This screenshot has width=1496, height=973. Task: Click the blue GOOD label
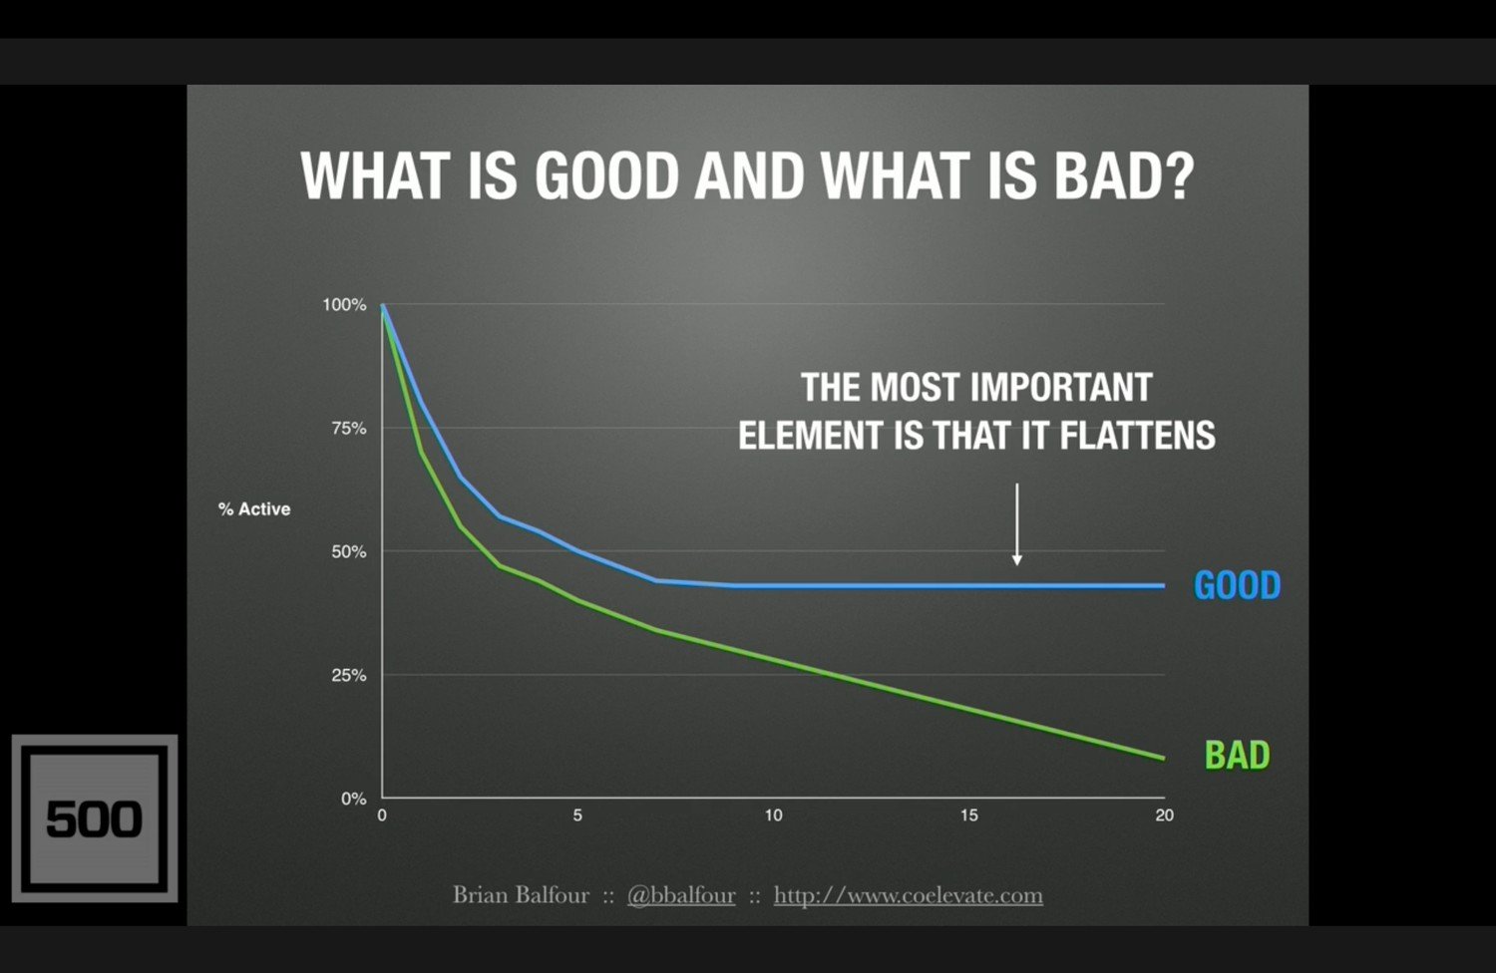point(1237,585)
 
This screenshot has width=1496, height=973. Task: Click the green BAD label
point(1237,756)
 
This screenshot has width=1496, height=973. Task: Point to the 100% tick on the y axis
point(344,305)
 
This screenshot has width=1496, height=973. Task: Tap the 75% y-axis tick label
point(348,429)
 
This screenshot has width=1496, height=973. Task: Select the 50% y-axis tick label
point(348,552)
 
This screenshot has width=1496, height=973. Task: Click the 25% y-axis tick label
point(348,676)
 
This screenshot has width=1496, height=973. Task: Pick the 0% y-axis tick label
point(353,799)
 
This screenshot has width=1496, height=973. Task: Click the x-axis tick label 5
point(577,815)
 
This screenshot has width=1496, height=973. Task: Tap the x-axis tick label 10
point(773,815)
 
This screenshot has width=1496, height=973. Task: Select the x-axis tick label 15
point(968,815)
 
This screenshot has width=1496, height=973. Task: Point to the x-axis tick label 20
point(1164,815)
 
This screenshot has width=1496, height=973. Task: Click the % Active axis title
point(254,509)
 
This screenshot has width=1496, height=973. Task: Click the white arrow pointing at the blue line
point(1016,524)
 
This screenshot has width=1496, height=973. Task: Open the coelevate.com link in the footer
point(908,895)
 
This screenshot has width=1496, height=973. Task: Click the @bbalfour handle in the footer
point(681,895)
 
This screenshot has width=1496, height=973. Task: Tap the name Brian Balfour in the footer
point(521,895)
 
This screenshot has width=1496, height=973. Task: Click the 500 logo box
point(95,818)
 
